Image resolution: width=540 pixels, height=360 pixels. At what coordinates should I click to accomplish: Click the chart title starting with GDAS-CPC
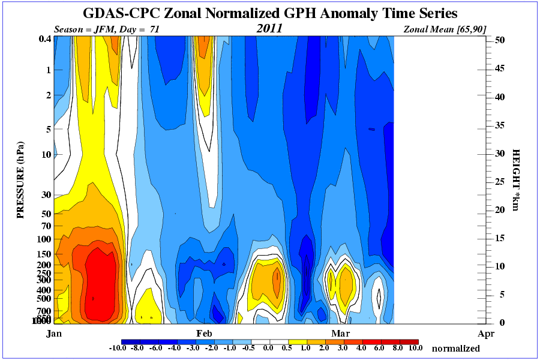pos(269,13)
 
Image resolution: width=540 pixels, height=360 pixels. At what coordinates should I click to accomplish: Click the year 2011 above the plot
pos(269,28)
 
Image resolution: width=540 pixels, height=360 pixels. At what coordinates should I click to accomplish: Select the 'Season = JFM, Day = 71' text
pos(107,29)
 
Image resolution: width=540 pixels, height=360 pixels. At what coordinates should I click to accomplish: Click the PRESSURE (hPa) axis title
pos(21,180)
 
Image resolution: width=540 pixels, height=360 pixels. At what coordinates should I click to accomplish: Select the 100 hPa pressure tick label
pos(44,239)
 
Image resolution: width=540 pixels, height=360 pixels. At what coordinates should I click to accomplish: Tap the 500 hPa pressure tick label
pos(44,298)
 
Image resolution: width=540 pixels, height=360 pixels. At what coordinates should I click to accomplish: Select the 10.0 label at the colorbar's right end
pos(415,348)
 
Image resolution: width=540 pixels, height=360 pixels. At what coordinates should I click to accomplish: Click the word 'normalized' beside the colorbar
pos(455,348)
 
